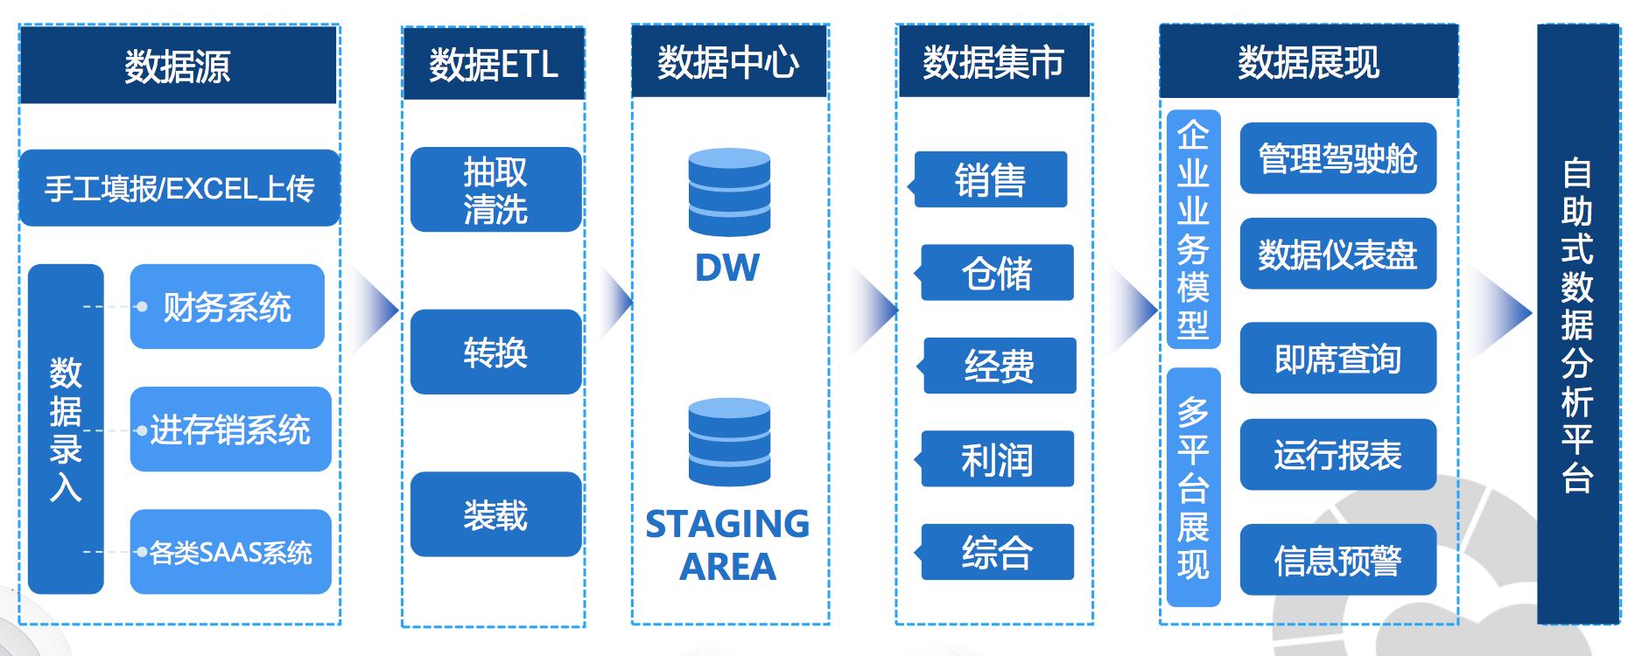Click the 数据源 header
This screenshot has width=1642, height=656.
[178, 65]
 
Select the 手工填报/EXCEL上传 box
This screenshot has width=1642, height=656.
[179, 188]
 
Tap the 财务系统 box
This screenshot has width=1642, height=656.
[228, 307]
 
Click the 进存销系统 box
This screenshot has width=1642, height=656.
[231, 429]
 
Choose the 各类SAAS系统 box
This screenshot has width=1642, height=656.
[231, 552]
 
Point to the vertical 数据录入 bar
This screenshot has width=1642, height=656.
[66, 429]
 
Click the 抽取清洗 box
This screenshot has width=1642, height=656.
[496, 189]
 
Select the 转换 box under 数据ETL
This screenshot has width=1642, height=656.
[496, 352]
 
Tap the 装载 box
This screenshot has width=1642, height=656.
[496, 514]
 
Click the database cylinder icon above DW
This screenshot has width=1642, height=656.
[729, 192]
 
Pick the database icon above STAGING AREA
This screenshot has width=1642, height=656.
[729, 442]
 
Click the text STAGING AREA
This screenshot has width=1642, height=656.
[727, 545]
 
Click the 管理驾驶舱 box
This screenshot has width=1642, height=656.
[1338, 158]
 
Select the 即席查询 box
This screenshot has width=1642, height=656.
[1338, 358]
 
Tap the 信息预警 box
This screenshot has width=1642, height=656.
[1338, 560]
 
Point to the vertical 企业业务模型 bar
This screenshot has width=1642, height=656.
[1194, 229]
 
